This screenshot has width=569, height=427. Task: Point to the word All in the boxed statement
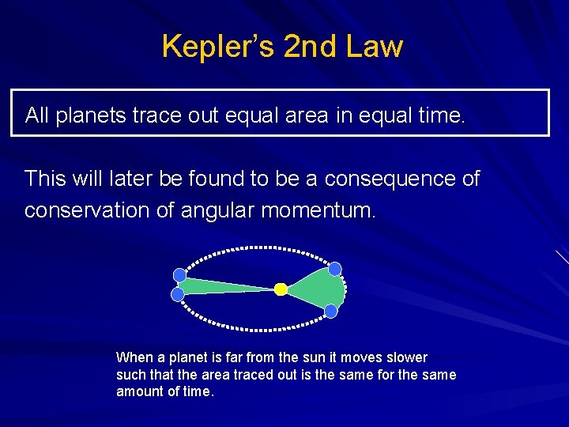[37, 116]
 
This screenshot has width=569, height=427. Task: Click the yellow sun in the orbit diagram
[281, 289]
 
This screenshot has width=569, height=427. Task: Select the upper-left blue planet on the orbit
[179, 275]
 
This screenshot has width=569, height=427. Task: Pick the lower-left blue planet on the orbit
[178, 294]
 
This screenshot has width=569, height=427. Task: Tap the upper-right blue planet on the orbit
[335, 268]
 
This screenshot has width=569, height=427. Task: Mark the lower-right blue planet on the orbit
[331, 311]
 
